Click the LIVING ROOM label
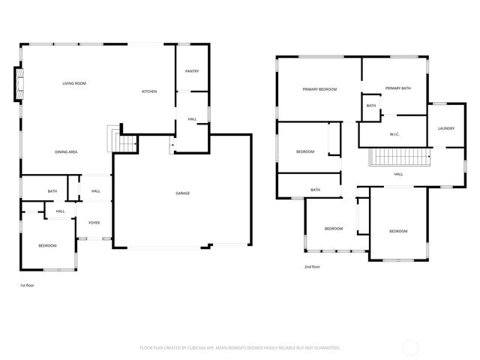pos(74,83)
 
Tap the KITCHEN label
pos(149,91)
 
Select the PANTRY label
pos(191,71)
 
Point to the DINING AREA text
pos(66,152)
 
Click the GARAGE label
pos(182,193)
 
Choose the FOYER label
pos(94,223)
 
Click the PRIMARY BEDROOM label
pos(319,89)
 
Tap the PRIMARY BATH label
pos(397,88)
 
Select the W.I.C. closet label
pos(394,134)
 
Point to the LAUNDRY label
pos(446,128)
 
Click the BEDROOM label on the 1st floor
pos(48,245)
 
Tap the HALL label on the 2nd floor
pos(399,174)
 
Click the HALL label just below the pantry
pos(192,118)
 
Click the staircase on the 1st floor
pos(115,139)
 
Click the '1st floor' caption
pos(27,285)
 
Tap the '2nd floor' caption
pos(312,266)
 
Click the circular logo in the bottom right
pos(411,347)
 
